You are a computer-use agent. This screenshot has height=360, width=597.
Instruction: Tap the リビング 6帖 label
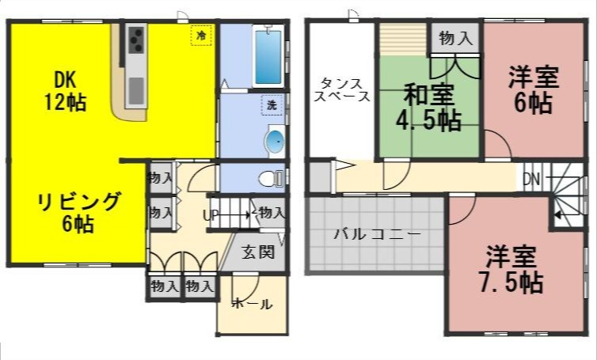[78, 211]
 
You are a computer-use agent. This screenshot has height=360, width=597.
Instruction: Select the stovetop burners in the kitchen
[135, 39]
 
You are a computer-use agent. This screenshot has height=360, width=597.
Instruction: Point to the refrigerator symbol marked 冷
[201, 36]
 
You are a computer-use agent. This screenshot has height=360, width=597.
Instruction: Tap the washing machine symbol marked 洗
[272, 104]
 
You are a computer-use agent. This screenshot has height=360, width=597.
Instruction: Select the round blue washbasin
[274, 141]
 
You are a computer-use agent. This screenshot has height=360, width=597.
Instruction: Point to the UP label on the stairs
[211, 214]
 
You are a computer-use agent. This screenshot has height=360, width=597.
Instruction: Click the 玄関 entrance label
[258, 253]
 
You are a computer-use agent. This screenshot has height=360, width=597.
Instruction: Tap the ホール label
[252, 304]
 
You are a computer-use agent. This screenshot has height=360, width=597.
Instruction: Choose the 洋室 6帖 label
[532, 90]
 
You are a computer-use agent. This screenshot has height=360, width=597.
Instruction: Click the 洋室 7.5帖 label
[514, 269]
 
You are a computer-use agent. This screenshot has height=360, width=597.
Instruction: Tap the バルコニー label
[376, 234]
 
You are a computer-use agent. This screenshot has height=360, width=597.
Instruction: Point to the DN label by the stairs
[530, 180]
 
